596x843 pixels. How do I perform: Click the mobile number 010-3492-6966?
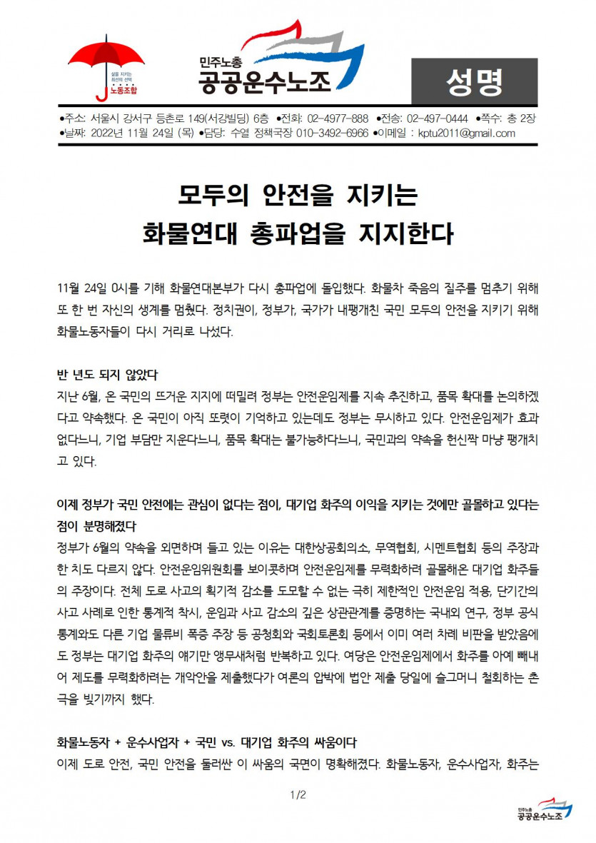coord(333,133)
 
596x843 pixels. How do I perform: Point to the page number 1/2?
coord(298,794)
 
